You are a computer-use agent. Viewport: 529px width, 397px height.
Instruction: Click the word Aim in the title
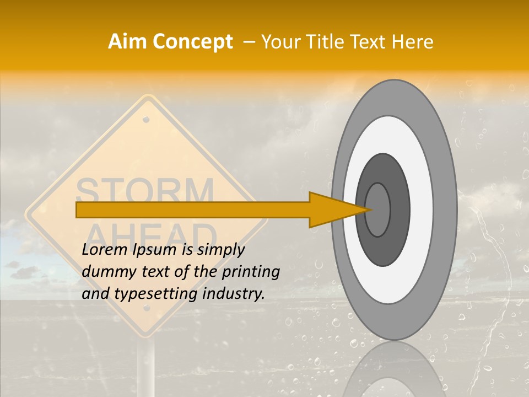pos(128,42)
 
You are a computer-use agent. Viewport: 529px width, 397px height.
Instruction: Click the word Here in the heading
pos(413,42)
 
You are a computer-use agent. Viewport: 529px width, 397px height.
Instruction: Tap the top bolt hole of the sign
pos(146,119)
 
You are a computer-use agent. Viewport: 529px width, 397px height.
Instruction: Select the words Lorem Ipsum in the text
pos(129,250)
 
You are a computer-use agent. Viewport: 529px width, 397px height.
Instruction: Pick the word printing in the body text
pos(255,272)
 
